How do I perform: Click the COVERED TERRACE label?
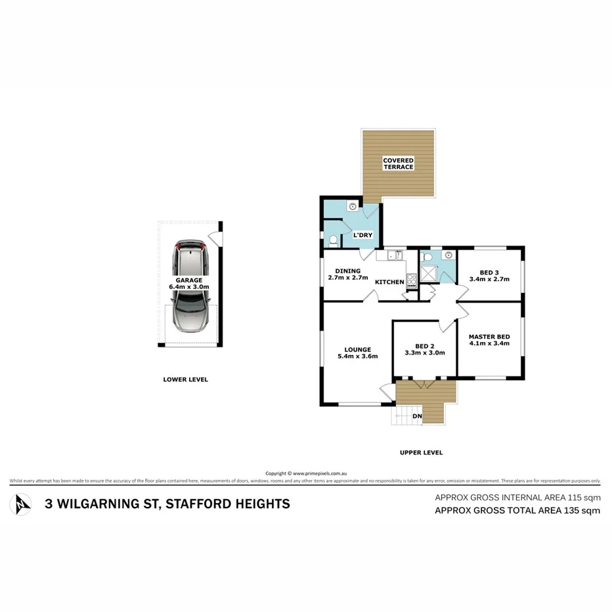399,164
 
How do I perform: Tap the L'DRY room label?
363,235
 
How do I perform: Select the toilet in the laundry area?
332,240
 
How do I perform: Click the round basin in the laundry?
353,206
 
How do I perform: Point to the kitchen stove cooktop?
412,282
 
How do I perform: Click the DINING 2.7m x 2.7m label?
347,274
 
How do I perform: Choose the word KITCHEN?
389,282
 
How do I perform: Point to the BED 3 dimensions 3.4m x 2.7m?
489,279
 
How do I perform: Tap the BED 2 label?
424,346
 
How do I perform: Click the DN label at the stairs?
416,416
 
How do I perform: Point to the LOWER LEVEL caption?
185,380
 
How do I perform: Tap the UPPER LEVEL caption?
421,452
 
